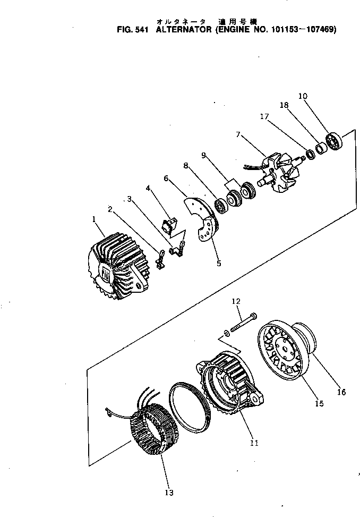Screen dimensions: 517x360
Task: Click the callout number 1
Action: [94, 219]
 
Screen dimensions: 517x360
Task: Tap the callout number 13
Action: [169, 493]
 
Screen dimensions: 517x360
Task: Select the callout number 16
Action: [341, 392]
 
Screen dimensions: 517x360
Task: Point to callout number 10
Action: [303, 96]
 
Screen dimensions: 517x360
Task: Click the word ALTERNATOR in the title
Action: [184, 30]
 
